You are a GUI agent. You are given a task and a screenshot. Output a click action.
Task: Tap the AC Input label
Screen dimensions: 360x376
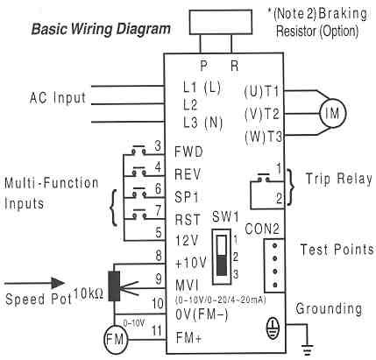53,95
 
